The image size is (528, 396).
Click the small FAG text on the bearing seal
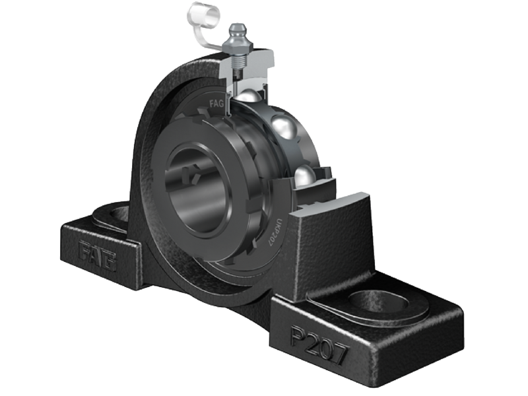pos(216,103)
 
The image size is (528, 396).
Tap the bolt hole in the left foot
pos(119,213)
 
